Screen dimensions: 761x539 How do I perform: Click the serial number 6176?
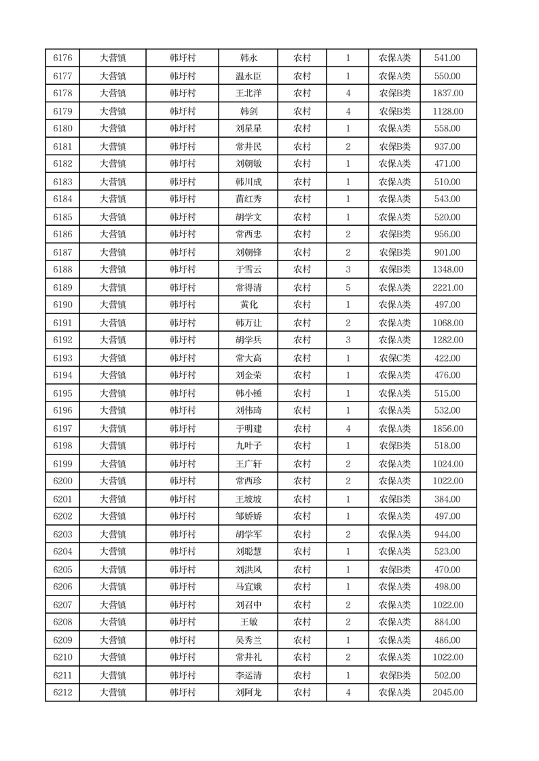(62, 58)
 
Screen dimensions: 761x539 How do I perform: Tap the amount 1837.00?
(448, 94)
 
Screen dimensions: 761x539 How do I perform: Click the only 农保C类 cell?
(394, 358)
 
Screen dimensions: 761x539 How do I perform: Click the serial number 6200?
(62, 482)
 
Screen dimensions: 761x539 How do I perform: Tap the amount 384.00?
(448, 499)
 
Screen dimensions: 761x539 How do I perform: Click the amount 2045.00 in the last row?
(448, 692)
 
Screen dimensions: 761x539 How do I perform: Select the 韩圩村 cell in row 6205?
(183, 570)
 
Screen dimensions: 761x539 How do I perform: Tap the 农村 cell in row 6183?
(302, 182)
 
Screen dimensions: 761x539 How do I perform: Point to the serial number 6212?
(62, 692)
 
